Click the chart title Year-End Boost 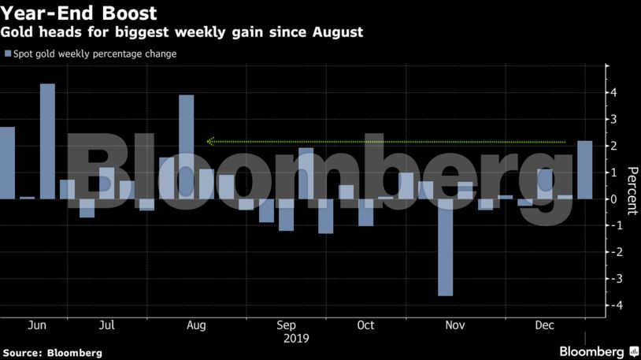pos(78,13)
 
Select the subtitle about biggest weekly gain pos(181,32)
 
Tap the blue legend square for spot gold pos(8,54)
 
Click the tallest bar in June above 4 pos(47,142)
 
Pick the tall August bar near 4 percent pos(187,147)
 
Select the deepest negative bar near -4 pos(445,247)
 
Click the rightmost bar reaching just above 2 pos(584,170)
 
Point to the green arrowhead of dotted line pos(210,142)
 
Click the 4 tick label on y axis pos(613,92)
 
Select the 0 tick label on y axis pos(613,199)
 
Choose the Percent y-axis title pos(632,191)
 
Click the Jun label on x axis pos(37,325)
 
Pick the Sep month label pos(286,325)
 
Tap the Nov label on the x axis pos(455,325)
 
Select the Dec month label pos(544,325)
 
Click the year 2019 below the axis pos(296,339)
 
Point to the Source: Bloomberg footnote pos(52,353)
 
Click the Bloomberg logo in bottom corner pos(599,351)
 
